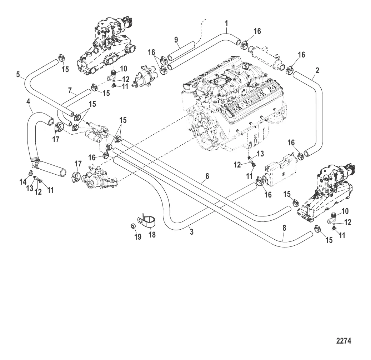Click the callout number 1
pyautogui.click(x=226, y=24)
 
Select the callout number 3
pyautogui.click(x=192, y=232)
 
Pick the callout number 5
pyautogui.click(x=18, y=75)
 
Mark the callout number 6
pyautogui.click(x=207, y=176)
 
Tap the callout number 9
pyautogui.click(x=176, y=39)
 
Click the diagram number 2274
pyautogui.click(x=344, y=341)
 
